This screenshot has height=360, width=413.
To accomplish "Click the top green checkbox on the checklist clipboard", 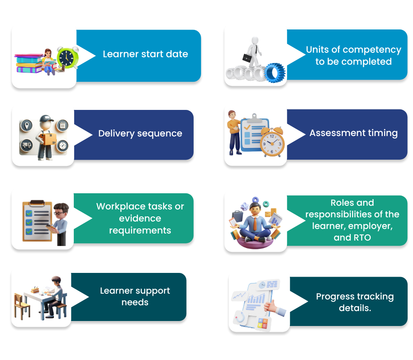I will tap(29, 213).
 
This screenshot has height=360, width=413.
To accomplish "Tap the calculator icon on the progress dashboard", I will tap(262, 323).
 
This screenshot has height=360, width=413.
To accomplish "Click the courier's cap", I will tap(46, 119).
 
